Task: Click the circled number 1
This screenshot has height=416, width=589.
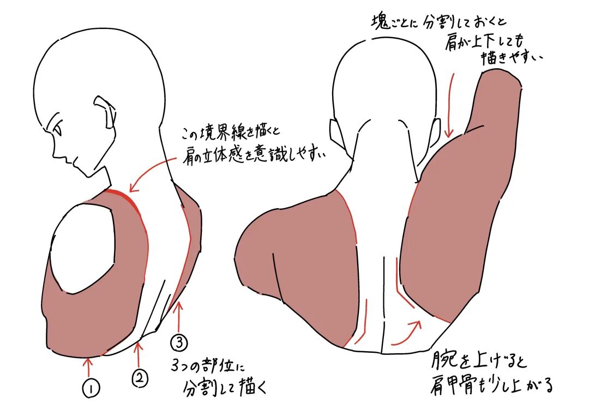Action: click(x=91, y=388)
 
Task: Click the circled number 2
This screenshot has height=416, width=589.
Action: click(x=140, y=378)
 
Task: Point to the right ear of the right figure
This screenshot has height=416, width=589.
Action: click(x=436, y=131)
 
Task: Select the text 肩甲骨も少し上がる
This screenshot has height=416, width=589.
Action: click(x=491, y=385)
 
